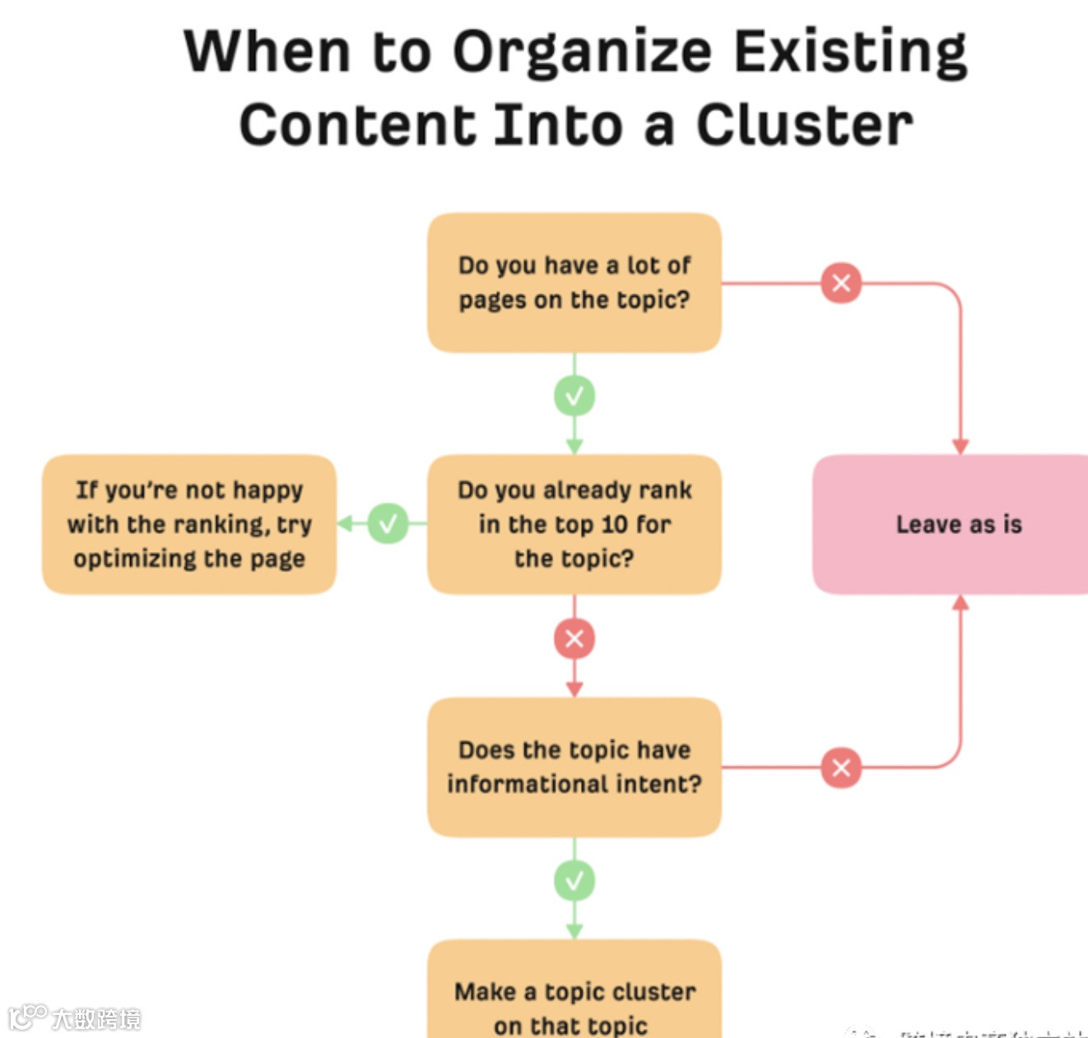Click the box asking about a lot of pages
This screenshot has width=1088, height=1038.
pos(574,283)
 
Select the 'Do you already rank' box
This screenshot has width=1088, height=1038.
pos(574,524)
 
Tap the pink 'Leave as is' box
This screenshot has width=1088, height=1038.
pos(955,524)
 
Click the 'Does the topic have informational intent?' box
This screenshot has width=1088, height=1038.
pos(574,767)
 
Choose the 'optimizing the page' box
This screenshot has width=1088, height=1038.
pos(189,524)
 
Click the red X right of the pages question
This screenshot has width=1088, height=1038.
pos(841,283)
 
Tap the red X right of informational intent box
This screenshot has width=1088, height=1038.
pos(841,767)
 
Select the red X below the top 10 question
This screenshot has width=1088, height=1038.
pos(574,638)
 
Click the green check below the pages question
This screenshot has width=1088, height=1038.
pos(574,396)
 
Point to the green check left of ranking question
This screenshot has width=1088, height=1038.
pos(388,523)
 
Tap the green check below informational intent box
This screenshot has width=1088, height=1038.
pos(574,881)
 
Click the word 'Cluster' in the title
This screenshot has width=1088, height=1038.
pos(804,126)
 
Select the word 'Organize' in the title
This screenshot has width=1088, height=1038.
pos(582,52)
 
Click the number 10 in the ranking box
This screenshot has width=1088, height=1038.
pos(614,524)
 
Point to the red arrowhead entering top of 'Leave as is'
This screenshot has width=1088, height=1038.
pos(960,447)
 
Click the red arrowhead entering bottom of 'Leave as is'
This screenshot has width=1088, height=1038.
pos(960,603)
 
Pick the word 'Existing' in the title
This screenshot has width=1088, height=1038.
pos(850,52)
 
